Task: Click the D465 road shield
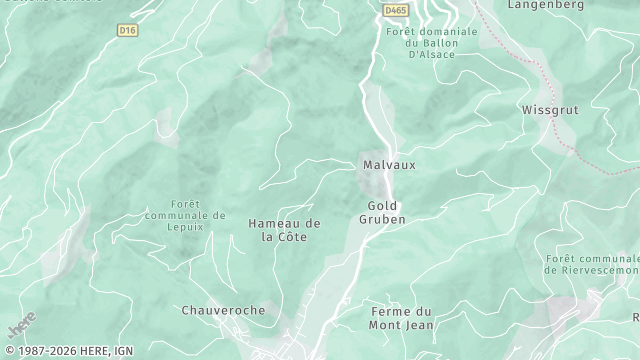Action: click(396, 10)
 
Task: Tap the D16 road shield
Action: click(126, 30)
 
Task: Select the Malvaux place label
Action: click(389, 164)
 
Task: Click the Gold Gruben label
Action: click(381, 212)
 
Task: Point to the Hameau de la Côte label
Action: click(284, 230)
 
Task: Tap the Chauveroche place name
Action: click(223, 310)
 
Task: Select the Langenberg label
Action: click(546, 5)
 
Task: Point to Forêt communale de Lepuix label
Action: click(185, 214)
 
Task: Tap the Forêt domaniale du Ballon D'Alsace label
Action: click(431, 42)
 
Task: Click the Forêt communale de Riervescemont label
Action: click(592, 264)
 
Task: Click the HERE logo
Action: click(20, 328)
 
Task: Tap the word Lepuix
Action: click(185, 227)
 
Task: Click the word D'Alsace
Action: click(432, 54)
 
